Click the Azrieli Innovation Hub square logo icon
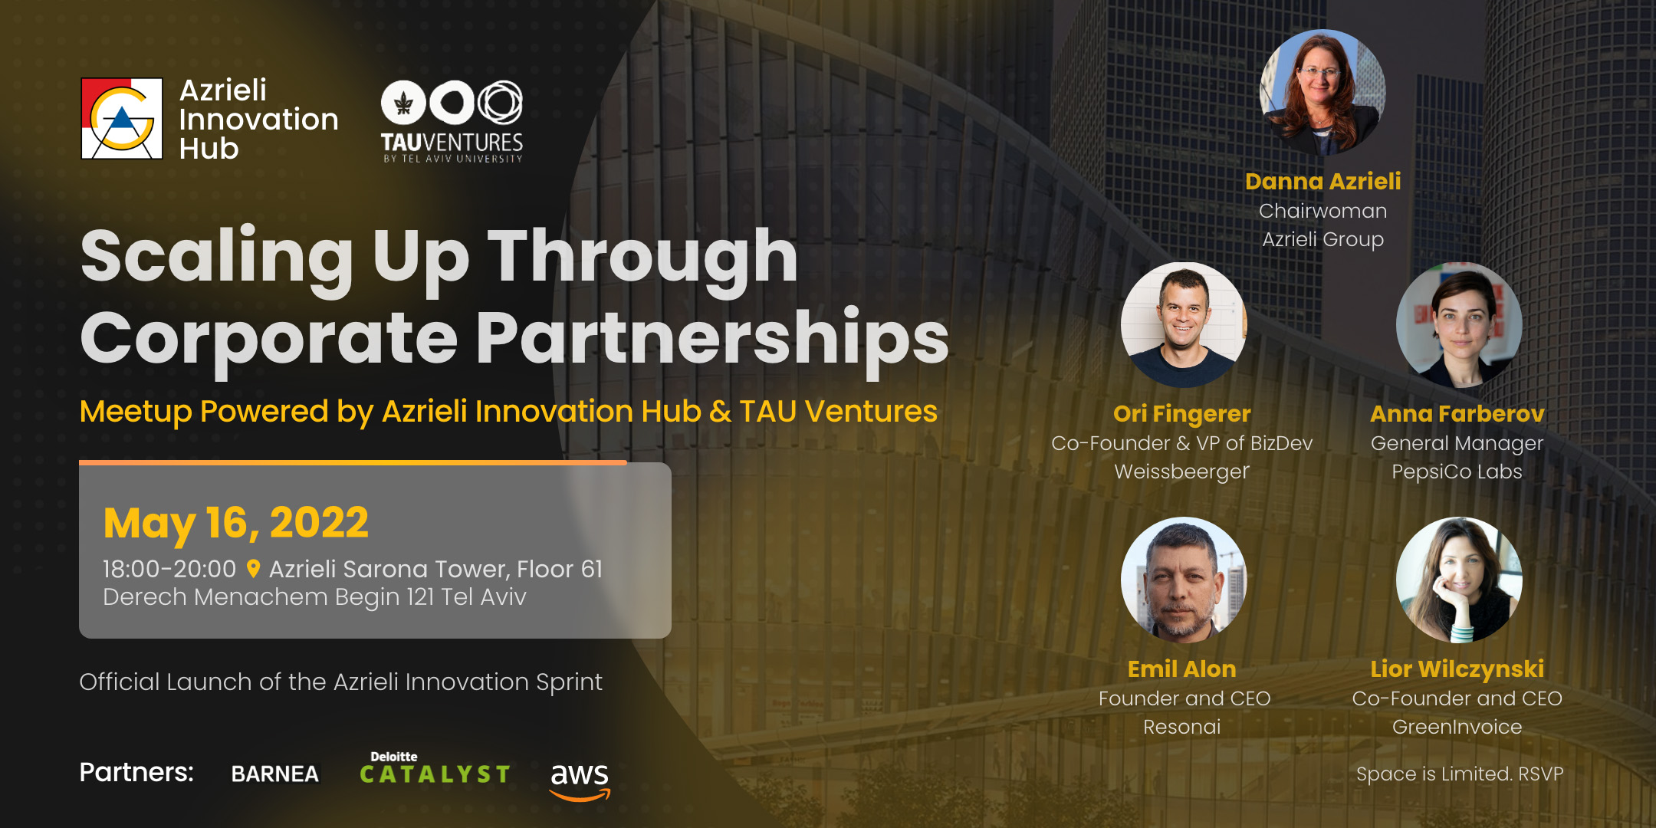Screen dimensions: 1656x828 click(x=122, y=119)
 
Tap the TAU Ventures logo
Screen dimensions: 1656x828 click(x=452, y=121)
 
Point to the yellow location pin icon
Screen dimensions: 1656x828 click(x=253, y=569)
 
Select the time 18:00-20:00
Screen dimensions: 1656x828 click(x=169, y=569)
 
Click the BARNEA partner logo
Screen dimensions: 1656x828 click(x=275, y=774)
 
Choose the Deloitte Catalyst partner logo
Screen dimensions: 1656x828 click(x=435, y=768)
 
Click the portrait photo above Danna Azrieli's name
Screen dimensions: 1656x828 click(x=1322, y=92)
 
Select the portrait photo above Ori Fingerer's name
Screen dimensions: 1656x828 click(x=1184, y=325)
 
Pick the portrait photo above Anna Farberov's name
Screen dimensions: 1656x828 click(x=1459, y=325)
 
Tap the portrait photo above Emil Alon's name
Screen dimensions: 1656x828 click(x=1184, y=580)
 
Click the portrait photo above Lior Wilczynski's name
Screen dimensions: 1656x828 click(x=1459, y=580)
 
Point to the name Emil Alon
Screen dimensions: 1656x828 click(x=1182, y=669)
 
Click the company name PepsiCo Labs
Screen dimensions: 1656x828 click(x=1457, y=472)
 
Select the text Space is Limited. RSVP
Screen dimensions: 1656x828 click(x=1460, y=774)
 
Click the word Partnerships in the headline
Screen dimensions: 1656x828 click(x=713, y=339)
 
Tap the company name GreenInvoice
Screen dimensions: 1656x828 click(x=1457, y=727)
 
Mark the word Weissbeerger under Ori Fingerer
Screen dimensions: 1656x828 click(x=1182, y=472)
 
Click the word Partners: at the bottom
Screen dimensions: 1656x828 click(x=136, y=773)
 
